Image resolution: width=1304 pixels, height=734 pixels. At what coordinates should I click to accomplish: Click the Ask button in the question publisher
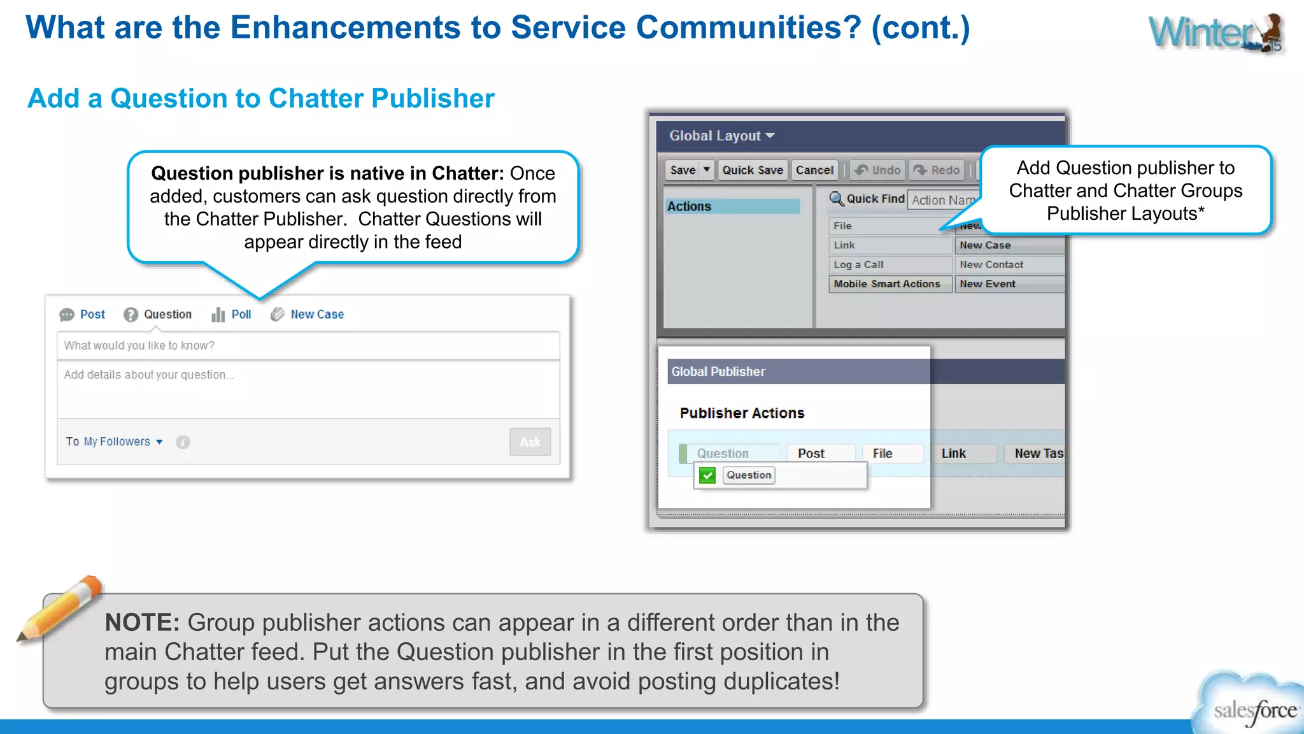click(x=530, y=442)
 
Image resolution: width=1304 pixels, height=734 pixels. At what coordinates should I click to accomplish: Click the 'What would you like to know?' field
click(x=308, y=345)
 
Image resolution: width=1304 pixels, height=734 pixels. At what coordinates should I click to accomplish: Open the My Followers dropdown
click(x=124, y=442)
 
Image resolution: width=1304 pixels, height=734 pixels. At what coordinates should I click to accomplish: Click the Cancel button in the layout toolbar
click(x=814, y=170)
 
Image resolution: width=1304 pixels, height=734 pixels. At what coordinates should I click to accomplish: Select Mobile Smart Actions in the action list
click(x=887, y=284)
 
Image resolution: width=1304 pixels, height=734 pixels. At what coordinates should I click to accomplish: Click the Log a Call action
click(x=859, y=264)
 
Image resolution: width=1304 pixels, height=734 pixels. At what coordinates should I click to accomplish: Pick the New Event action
click(x=988, y=284)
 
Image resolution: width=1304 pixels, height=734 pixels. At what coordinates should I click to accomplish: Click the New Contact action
click(x=991, y=264)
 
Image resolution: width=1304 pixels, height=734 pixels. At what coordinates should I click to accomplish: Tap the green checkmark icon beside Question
click(x=707, y=475)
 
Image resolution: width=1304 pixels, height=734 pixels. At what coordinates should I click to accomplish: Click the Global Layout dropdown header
click(x=721, y=136)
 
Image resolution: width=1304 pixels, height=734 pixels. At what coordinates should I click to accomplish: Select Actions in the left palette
click(x=690, y=206)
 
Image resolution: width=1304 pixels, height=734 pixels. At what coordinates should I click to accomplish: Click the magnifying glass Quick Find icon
click(x=836, y=199)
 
